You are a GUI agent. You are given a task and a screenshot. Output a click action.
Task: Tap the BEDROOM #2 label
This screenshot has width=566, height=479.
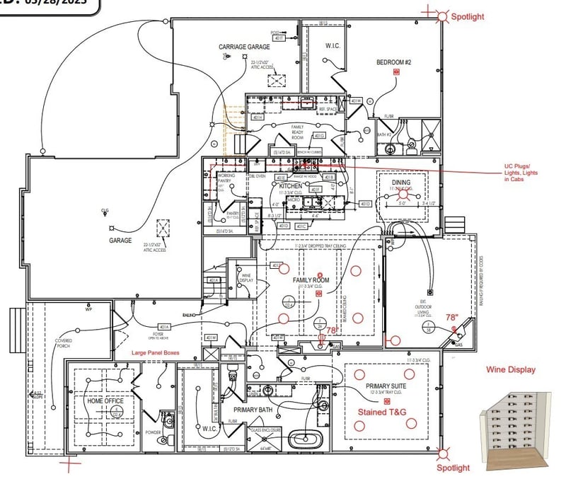point(393,62)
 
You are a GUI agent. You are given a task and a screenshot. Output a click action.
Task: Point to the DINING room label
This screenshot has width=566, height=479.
point(400,182)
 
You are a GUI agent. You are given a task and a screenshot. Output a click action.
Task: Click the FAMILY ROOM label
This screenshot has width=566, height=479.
point(311,280)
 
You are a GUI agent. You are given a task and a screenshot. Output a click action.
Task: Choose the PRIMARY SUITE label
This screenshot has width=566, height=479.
point(383,387)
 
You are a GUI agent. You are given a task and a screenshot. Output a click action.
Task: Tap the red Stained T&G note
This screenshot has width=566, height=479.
point(382,411)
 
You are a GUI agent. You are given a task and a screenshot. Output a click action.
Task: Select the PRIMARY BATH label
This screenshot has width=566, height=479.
point(253,409)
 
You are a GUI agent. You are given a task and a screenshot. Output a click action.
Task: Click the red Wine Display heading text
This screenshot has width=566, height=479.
point(511,369)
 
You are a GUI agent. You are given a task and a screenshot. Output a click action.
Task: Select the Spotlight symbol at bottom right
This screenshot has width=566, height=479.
point(442,453)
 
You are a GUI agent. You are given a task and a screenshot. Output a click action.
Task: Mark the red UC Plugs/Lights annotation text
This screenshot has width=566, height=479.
point(524,174)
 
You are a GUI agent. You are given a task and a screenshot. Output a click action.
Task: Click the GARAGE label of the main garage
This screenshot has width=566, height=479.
point(120,241)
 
